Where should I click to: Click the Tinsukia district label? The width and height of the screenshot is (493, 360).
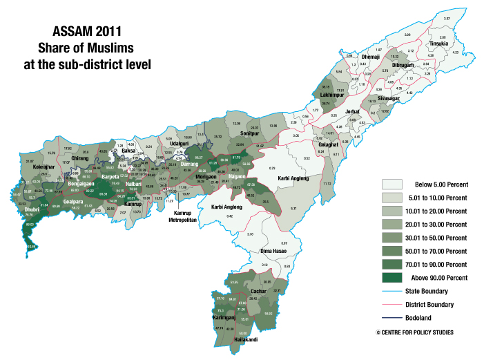[x=439, y=44]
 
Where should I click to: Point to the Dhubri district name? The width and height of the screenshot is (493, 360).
[x=32, y=207]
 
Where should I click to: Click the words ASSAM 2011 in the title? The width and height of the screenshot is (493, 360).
[x=84, y=32]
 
